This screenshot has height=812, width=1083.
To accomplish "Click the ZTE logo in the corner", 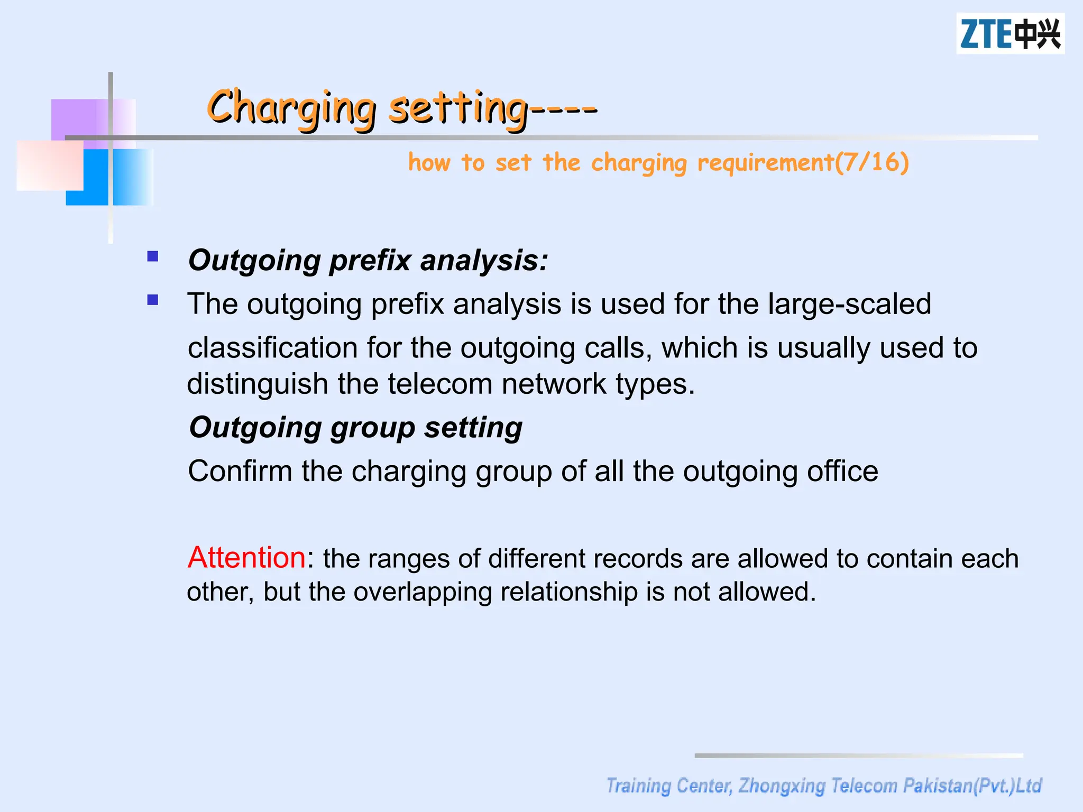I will point(1010,34).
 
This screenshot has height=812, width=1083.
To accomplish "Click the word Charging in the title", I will point(291,107).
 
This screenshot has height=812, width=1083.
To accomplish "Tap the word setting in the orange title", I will point(458,107).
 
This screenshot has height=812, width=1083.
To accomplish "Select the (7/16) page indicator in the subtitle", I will point(872,162).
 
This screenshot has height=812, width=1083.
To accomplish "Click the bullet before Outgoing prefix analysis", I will point(153,257).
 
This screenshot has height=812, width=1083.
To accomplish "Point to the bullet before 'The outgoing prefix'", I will point(153,300).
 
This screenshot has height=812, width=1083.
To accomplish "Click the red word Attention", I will point(246,557).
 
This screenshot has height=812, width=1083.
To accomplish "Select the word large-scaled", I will point(849,304).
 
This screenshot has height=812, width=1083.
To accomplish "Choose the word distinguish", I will point(258,384).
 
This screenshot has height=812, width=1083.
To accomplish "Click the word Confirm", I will point(240,470).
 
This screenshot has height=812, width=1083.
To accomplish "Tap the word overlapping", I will point(423,592).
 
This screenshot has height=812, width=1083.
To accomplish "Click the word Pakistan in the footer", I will point(938,786).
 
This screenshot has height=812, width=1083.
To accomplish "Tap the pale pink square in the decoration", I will point(50,165).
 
